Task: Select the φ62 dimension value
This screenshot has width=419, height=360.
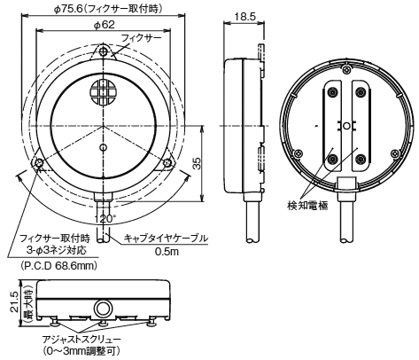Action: click(x=104, y=26)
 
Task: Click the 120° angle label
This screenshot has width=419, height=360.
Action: click(x=104, y=217)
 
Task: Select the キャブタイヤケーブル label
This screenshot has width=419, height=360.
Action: click(x=166, y=238)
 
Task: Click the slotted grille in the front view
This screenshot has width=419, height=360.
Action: click(x=104, y=94)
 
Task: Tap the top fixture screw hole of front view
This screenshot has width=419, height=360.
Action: click(x=104, y=52)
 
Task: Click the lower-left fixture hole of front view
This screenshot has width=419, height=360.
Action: click(x=39, y=163)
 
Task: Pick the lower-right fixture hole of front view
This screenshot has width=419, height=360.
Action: click(x=168, y=163)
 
